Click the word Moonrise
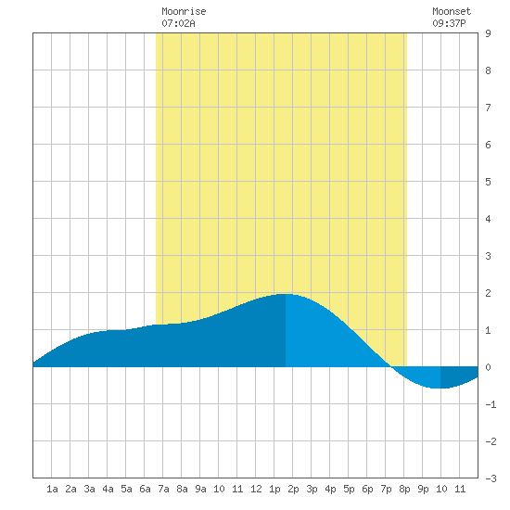(x=184, y=11)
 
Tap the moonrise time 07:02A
(x=178, y=23)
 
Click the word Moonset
(x=452, y=11)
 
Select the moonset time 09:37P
(x=449, y=23)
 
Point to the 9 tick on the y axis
(x=488, y=33)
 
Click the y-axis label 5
(x=488, y=182)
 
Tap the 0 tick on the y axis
(x=488, y=367)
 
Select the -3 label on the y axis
(x=491, y=478)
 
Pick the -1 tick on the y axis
(x=491, y=404)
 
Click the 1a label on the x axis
(x=52, y=489)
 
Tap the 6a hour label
(x=145, y=489)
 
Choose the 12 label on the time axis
(x=256, y=489)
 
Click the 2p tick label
(x=293, y=489)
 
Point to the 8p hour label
(x=404, y=489)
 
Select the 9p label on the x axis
(x=423, y=489)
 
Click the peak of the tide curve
(x=286, y=294)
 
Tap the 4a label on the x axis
(x=108, y=489)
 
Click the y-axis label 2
(x=488, y=293)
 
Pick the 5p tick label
(x=349, y=489)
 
